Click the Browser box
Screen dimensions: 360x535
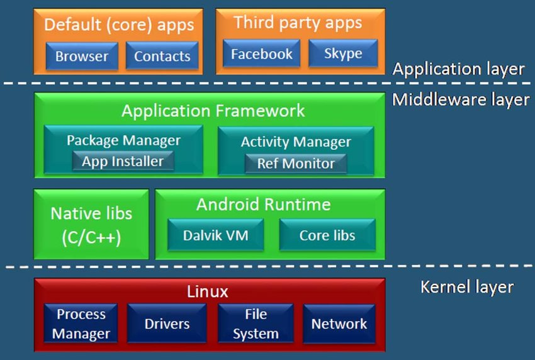(81, 56)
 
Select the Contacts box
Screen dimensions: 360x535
(162, 56)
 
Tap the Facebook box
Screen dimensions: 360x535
(261, 54)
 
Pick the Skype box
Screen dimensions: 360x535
(343, 54)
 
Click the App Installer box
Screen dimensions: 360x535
(123, 161)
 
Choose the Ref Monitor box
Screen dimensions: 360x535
(296, 164)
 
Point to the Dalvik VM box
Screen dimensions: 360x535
(215, 236)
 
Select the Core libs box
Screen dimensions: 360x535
(327, 236)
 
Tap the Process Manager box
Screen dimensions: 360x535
(81, 324)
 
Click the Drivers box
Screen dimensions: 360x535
(167, 324)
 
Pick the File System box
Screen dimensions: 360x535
(255, 324)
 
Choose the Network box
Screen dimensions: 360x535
(339, 324)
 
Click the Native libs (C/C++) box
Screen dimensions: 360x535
(91, 225)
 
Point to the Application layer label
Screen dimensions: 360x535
(458, 69)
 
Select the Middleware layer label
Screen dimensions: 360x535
(461, 99)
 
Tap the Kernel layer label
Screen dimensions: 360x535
(466, 288)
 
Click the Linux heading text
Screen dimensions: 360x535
(208, 292)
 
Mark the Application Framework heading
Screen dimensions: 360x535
(213, 111)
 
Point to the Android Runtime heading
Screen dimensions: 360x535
(263, 205)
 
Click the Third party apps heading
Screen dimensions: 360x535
(298, 23)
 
